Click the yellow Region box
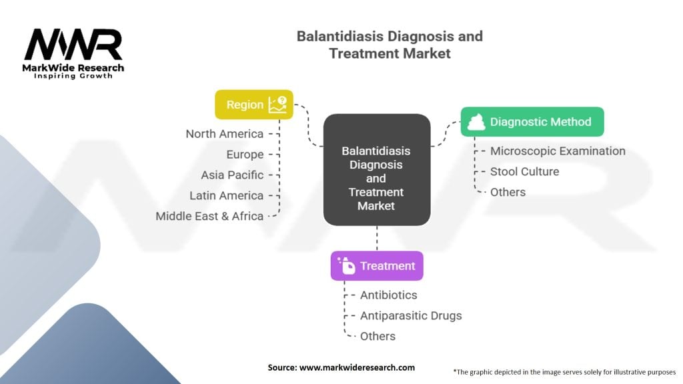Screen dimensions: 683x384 (254, 105)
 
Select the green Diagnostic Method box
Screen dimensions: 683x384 (532, 122)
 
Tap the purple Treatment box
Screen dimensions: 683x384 (377, 265)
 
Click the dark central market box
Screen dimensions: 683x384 (377, 170)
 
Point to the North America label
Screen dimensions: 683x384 (224, 133)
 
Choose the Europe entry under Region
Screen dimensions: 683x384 (245, 155)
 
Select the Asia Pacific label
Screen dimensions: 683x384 (232, 175)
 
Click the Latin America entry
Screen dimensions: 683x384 (227, 195)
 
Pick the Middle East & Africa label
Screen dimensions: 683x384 (209, 216)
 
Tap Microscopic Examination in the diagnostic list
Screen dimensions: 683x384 (558, 151)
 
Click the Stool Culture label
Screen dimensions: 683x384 (524, 171)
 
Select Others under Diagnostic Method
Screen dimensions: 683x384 (508, 192)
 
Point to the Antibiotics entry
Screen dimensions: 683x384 (389, 295)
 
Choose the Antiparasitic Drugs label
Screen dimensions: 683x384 (411, 315)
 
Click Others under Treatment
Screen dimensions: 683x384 (378, 336)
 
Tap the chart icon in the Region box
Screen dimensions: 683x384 (277, 105)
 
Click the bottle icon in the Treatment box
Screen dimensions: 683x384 (347, 265)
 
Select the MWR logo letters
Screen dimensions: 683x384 (73, 45)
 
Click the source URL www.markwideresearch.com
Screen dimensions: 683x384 (358, 367)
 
